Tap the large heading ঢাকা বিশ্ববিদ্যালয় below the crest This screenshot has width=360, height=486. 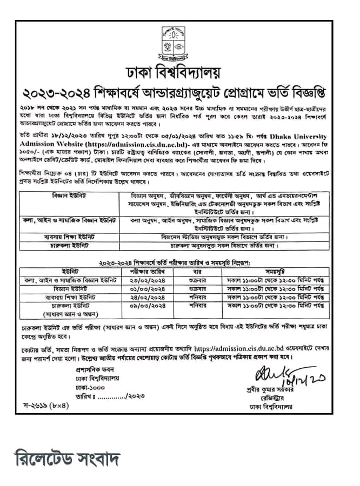click(179, 73)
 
